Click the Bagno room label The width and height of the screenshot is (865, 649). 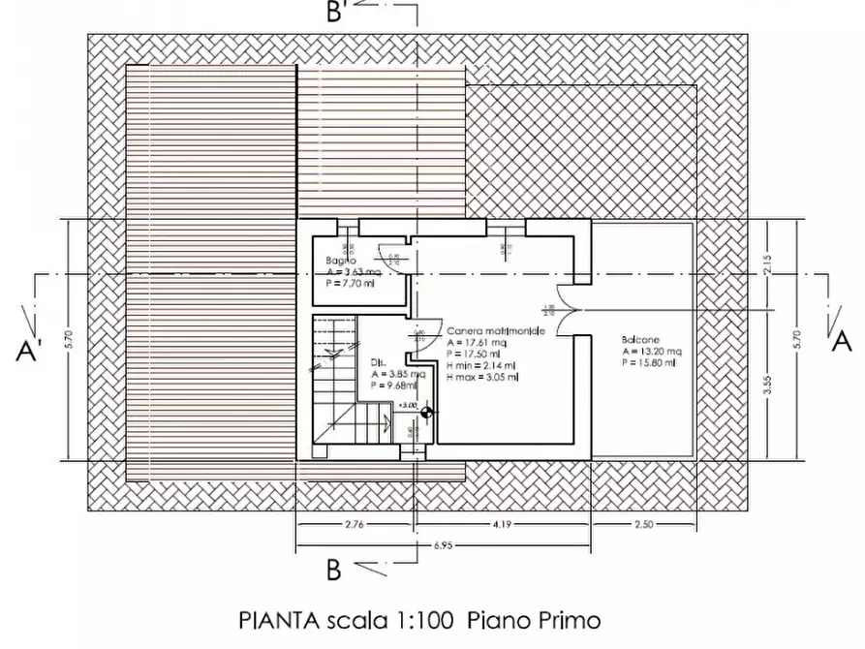(x=340, y=262)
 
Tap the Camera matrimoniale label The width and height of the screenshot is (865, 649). (x=494, y=331)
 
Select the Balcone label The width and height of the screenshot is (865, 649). (x=641, y=341)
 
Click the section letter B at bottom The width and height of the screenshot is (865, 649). (x=332, y=572)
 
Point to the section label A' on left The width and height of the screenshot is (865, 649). (x=28, y=350)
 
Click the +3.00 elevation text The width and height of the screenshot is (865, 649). (x=407, y=404)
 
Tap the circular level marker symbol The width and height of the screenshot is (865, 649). (x=427, y=414)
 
